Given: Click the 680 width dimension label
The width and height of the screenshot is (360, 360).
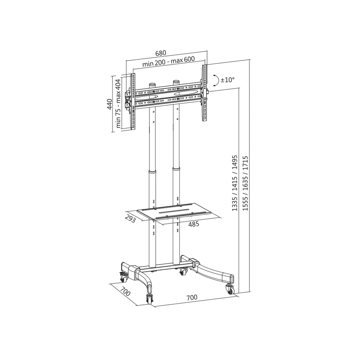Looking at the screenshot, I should (x=160, y=53).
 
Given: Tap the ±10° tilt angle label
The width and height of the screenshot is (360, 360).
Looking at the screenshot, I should (x=227, y=80).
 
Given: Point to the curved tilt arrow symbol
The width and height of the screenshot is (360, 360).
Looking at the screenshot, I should (x=216, y=81).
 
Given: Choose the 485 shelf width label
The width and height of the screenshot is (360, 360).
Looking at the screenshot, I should (x=193, y=224).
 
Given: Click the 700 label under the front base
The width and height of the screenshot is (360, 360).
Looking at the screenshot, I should (x=192, y=297).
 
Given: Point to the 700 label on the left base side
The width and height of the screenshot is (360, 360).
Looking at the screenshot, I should (x=125, y=292).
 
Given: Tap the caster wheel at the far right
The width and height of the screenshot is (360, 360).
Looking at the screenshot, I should (x=230, y=289).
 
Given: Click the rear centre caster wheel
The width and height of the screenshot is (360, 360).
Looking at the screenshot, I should (x=183, y=272).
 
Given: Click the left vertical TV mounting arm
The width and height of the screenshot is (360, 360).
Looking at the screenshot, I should (x=133, y=101).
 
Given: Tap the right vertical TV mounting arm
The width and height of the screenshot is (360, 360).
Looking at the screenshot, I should (x=204, y=93).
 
